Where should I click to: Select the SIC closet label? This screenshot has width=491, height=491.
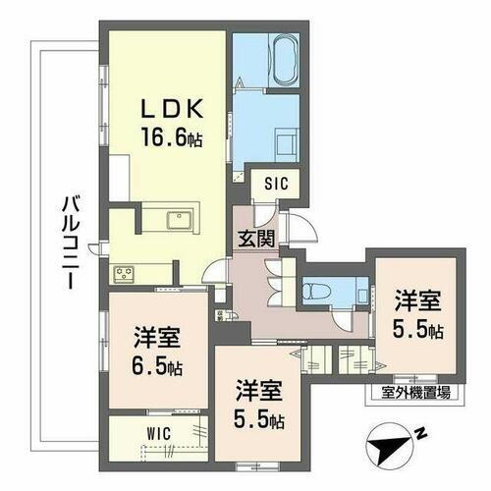275,183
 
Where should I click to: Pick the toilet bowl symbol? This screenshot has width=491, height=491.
315,290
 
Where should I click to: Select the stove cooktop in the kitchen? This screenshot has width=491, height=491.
127,273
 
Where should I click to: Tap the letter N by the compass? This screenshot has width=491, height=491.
419,431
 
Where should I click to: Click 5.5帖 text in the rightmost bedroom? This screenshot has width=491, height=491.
417,329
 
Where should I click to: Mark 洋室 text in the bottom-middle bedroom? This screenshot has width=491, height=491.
258,393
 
